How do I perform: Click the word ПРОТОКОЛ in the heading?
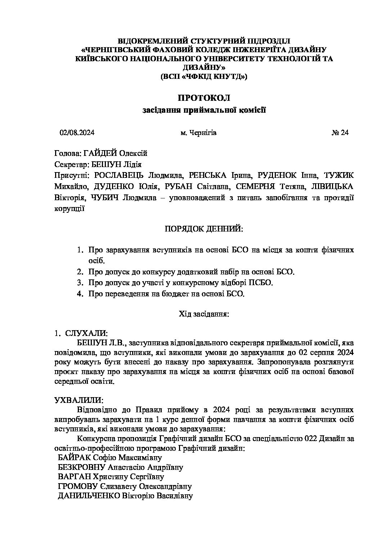click(x=203, y=98)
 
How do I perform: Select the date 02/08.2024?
click(x=77, y=133)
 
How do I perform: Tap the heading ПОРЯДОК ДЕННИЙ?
click(x=203, y=229)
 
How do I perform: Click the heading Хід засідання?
click(x=204, y=314)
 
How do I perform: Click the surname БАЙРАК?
click(x=75, y=458)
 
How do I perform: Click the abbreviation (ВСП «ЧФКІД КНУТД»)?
click(x=203, y=76)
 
